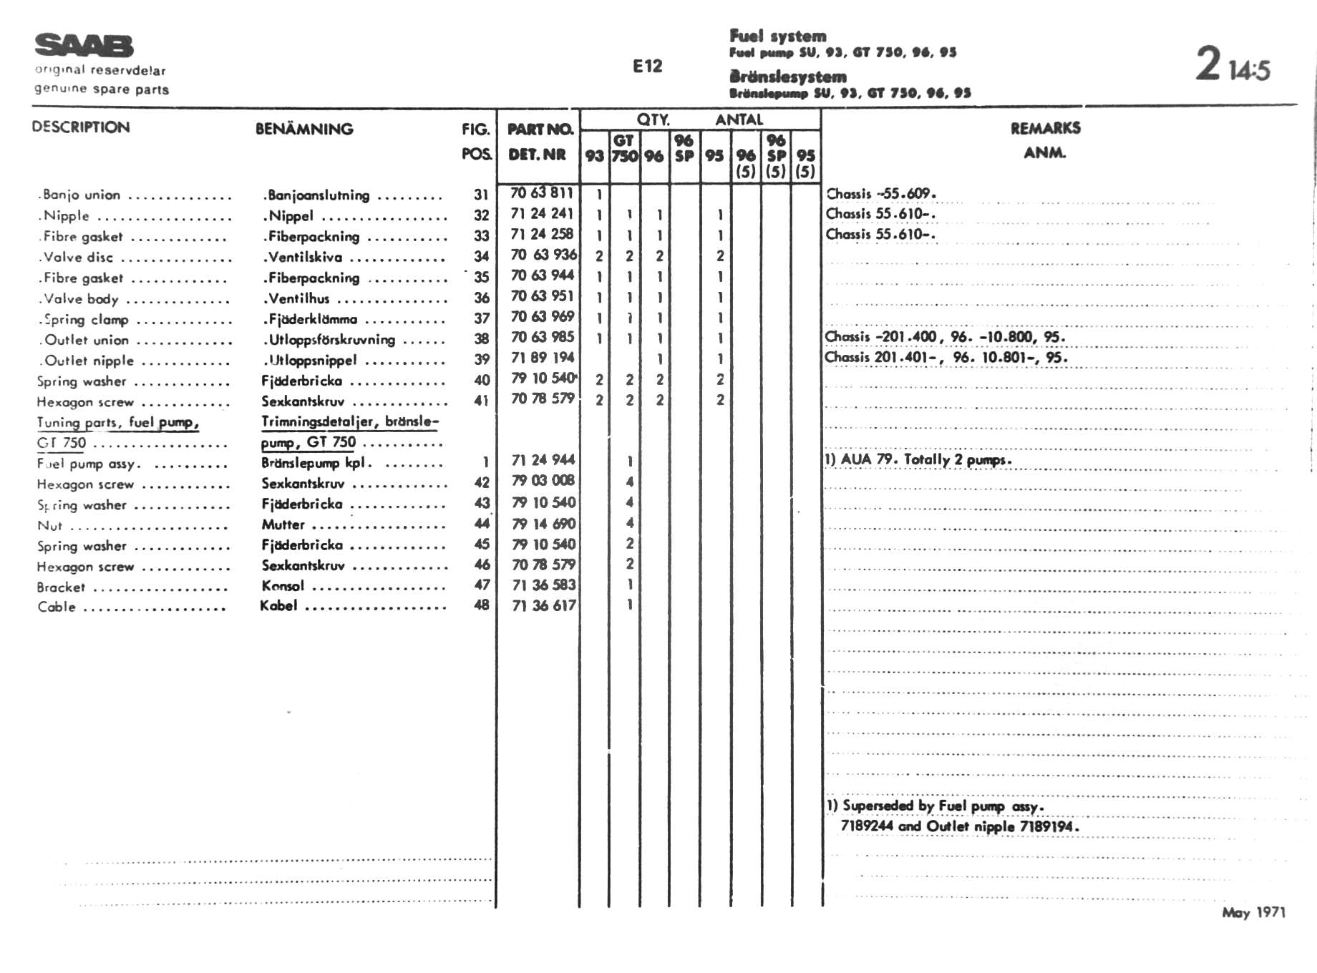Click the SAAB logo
[x=84, y=46]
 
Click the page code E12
[x=647, y=67]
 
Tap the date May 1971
[x=1253, y=912]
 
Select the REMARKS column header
[x=1045, y=129]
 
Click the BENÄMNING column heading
[x=304, y=129]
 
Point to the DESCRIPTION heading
[x=81, y=127]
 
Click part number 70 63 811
[x=542, y=192]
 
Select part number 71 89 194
[x=542, y=357]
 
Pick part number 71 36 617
[x=543, y=605]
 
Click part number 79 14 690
[x=543, y=524]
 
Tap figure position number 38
[x=482, y=338]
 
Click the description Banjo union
[x=82, y=195]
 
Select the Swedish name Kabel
[x=278, y=605]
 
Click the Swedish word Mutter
[x=283, y=524]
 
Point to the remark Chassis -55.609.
[x=881, y=194]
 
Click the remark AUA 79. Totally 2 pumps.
[x=918, y=459]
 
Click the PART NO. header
[x=540, y=129]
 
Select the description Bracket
[x=61, y=587]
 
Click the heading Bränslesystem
[x=787, y=77]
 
